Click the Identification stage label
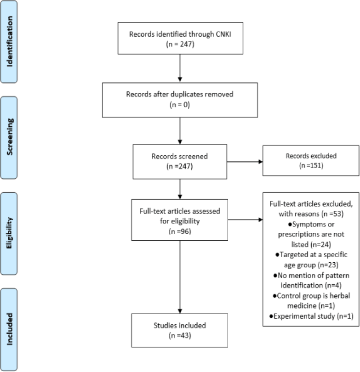[10, 41]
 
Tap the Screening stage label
[10, 137]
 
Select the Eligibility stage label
[9, 233]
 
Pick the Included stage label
[10, 329]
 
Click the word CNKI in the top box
[223, 34]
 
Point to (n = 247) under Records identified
[180, 44]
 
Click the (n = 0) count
[180, 105]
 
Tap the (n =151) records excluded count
[311, 165]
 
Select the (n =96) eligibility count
[180, 231]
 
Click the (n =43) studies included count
[180, 335]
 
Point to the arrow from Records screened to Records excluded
[245, 162]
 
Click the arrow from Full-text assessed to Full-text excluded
[246, 220]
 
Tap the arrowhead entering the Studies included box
[180, 311]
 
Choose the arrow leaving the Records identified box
[180, 68]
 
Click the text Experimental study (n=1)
[313, 316]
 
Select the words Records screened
[179, 156]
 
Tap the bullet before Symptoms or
[290, 225]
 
